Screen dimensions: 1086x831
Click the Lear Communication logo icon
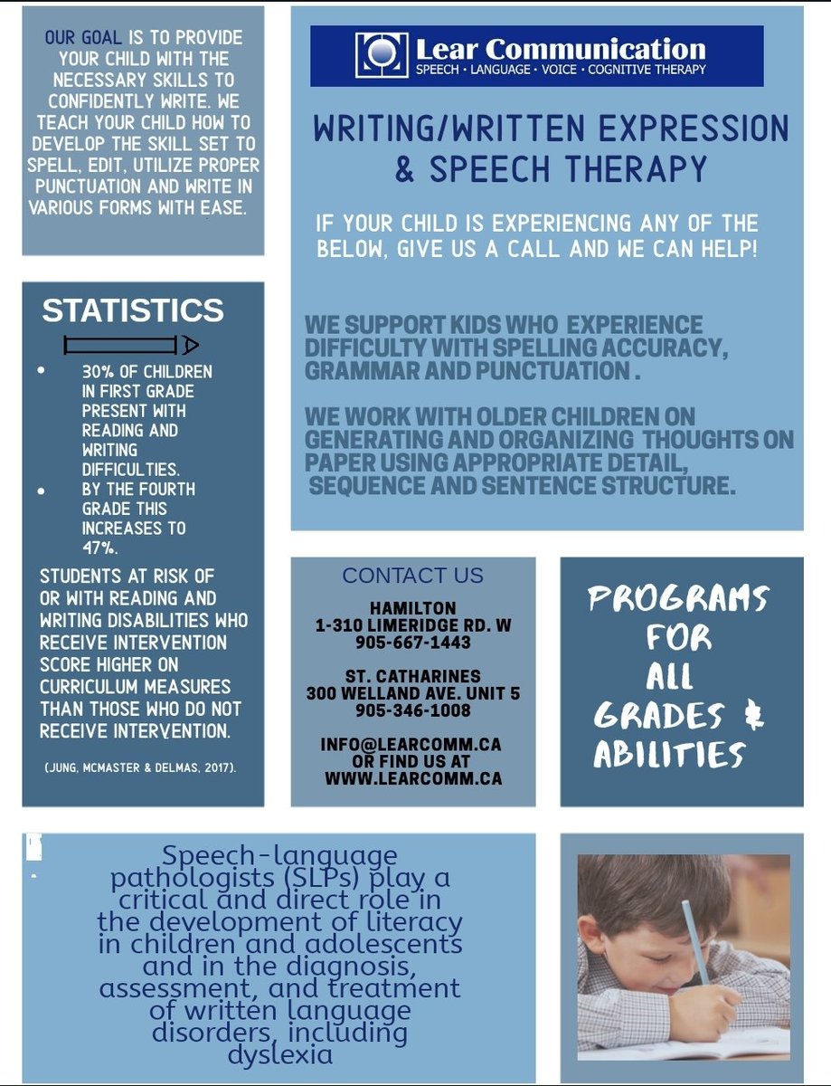point(382,55)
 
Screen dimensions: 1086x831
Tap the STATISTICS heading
point(132,310)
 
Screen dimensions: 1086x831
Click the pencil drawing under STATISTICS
point(131,345)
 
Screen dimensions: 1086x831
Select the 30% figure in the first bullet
point(98,372)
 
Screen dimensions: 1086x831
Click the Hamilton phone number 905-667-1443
point(413,643)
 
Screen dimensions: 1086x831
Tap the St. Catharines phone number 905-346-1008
point(413,710)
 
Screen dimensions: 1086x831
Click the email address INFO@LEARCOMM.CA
point(411,744)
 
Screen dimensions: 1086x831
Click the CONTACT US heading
point(412,576)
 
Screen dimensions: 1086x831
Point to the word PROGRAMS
point(678,598)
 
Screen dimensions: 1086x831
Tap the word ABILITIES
point(670,755)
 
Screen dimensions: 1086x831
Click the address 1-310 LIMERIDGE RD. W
point(412,625)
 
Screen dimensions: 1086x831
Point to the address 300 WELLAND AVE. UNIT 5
point(412,693)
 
